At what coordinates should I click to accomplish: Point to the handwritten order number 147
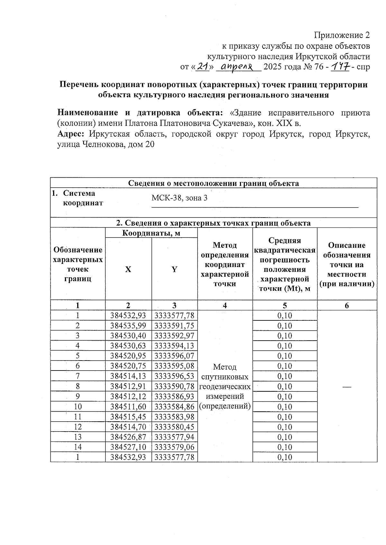coord(340,67)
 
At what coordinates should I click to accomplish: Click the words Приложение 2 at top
coord(342,35)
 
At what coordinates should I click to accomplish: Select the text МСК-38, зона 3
coord(179,198)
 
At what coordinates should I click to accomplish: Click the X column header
coord(128,269)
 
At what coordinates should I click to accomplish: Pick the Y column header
coord(174,269)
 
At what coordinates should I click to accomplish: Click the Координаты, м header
coord(151,233)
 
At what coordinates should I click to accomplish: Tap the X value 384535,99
coord(128,326)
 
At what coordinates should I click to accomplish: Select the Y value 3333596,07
coord(174,356)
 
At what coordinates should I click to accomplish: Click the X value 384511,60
coord(128,407)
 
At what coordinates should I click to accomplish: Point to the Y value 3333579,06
coord(174,447)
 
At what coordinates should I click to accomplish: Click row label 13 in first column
coord(78,437)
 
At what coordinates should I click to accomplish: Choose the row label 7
coord(78,376)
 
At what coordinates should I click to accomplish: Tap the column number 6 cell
coord(347,306)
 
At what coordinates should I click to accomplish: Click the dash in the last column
coord(347,387)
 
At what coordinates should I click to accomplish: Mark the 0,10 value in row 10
coord(285,407)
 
